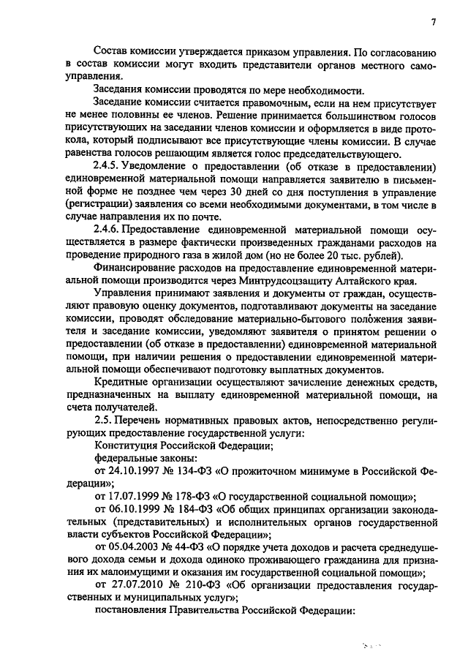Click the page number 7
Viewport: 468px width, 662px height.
[433, 21]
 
